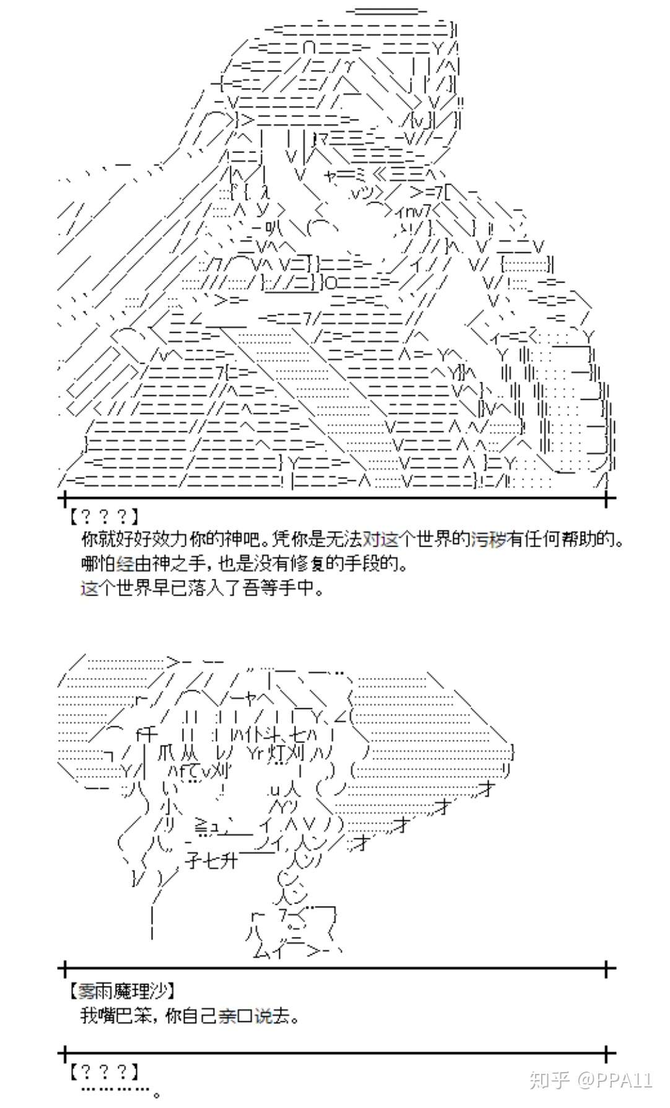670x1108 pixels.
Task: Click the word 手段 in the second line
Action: tap(376, 563)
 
